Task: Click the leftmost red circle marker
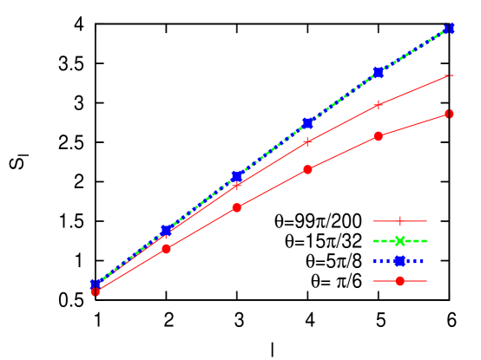pos(96,291)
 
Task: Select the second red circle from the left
pos(167,249)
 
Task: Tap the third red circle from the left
pos(237,207)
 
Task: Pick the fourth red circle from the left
pos(307,170)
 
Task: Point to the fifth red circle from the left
pos(379,136)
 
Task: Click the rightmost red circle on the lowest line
pos(449,114)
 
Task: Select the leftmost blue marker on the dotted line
pos(96,285)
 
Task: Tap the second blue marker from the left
pos(167,231)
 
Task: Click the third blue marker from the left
pos(237,176)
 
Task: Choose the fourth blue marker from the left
pos(307,123)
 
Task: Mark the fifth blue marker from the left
pos(379,72)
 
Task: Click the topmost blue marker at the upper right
pos(449,29)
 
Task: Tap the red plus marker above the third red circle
pos(237,186)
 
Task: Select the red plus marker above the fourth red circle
pos(307,141)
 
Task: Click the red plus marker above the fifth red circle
pos(379,105)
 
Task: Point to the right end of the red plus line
pos(449,75)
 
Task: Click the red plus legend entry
pos(399,221)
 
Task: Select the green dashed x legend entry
pos(399,241)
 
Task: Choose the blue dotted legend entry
pos(399,260)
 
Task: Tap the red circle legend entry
pos(399,280)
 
